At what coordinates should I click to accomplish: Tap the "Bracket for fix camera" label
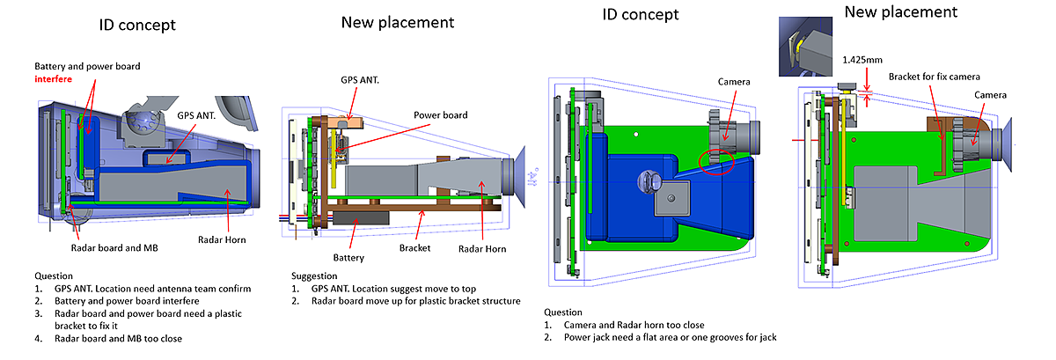pos(934,77)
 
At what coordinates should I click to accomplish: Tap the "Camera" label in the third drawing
pos(732,82)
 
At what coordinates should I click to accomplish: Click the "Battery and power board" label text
pos(87,66)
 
